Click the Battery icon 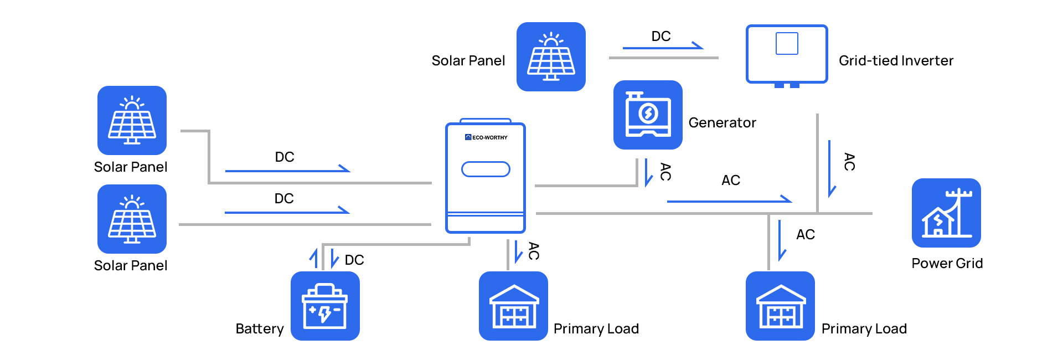pyautogui.click(x=325, y=306)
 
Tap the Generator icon pyautogui.click(x=648, y=115)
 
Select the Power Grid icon pyautogui.click(x=946, y=213)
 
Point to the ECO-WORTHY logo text pyautogui.click(x=487, y=137)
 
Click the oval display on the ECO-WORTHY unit pyautogui.click(x=486, y=169)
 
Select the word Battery pyautogui.click(x=260, y=328)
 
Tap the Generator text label pyautogui.click(x=723, y=122)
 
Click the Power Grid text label pyautogui.click(x=947, y=263)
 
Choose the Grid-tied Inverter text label pyautogui.click(x=896, y=60)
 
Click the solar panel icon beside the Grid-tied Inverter pyautogui.click(x=551, y=56)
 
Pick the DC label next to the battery pyautogui.click(x=354, y=260)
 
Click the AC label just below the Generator pyautogui.click(x=666, y=172)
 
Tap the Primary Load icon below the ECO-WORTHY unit pyautogui.click(x=513, y=306)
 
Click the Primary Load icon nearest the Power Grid pyautogui.click(x=780, y=306)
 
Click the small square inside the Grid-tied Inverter pyautogui.click(x=787, y=43)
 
